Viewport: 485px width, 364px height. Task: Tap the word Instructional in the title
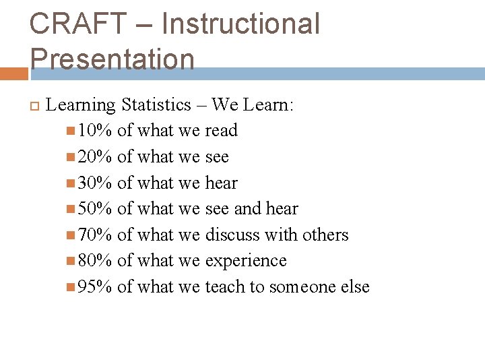[240, 25]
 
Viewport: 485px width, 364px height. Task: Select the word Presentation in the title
[112, 59]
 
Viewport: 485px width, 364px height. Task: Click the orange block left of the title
[13, 73]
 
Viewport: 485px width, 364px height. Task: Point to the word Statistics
[156, 104]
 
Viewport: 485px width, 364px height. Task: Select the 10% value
[95, 130]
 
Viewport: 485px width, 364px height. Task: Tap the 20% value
[95, 156]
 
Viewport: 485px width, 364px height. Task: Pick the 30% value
[95, 183]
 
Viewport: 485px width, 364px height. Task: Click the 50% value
[95, 209]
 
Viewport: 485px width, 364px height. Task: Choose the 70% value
[95, 235]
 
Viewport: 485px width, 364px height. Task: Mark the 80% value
[95, 260]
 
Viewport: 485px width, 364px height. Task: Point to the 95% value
[95, 286]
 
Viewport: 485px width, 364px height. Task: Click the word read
[221, 130]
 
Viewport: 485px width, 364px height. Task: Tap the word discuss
[232, 235]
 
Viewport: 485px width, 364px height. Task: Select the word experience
[246, 261]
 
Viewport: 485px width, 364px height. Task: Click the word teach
[225, 286]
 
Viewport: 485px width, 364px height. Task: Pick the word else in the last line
[355, 286]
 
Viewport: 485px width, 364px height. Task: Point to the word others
[325, 235]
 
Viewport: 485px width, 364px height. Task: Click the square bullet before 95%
[71, 287]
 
